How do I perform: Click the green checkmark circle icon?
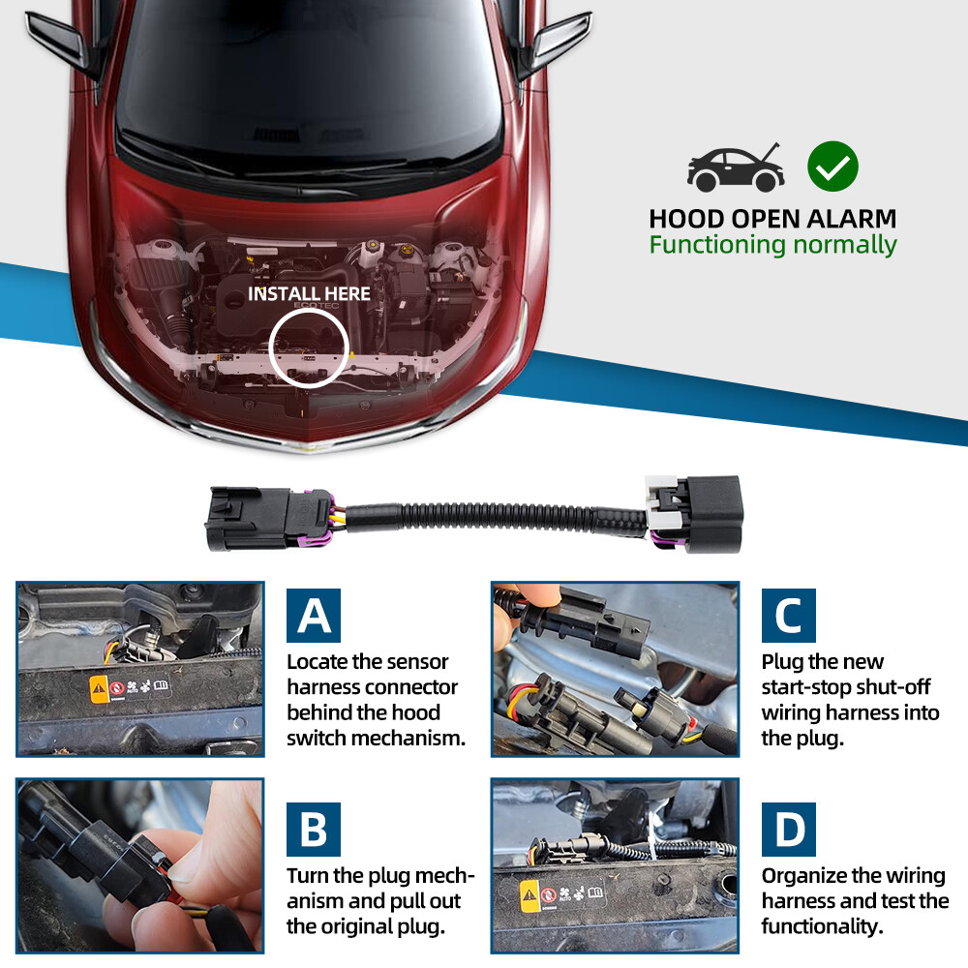[x=832, y=166]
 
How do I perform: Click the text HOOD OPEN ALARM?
[x=772, y=218]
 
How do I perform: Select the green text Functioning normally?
[x=772, y=245]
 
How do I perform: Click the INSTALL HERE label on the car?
[x=309, y=293]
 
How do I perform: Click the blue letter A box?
[x=313, y=616]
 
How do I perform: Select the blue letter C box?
[x=788, y=616]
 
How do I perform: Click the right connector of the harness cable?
[x=694, y=512]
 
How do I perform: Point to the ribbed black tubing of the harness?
[x=494, y=515]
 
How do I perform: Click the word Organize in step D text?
[x=803, y=876]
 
